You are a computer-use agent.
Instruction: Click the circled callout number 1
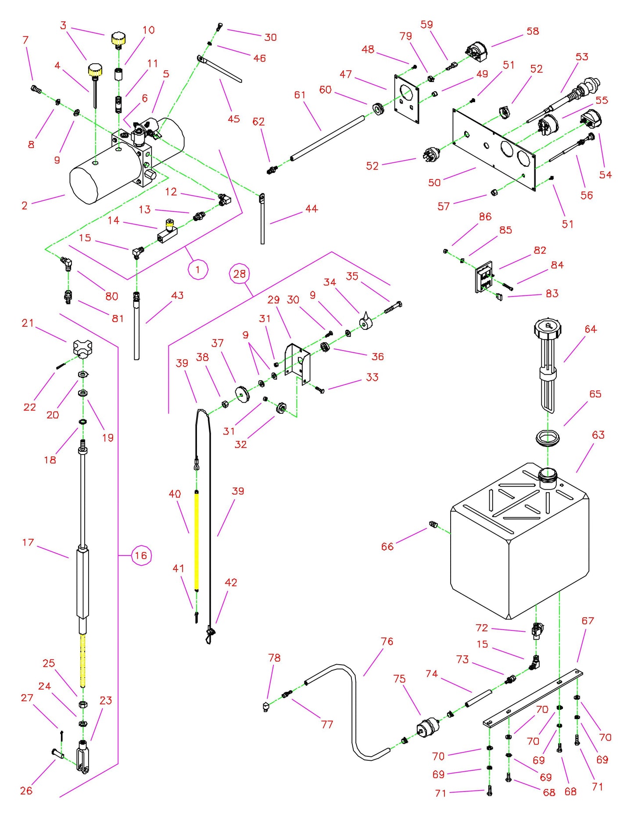[x=198, y=269]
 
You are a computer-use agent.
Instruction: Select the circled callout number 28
[x=240, y=274]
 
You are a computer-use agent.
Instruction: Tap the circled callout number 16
[x=141, y=555]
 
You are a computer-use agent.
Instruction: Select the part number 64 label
[x=591, y=329]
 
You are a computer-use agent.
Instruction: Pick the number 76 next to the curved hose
[x=387, y=641]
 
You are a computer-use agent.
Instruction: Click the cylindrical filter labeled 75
[x=428, y=729]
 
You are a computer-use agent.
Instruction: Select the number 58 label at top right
[x=533, y=31]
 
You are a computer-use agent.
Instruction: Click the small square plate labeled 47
[x=407, y=99]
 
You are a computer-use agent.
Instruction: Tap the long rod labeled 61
[x=327, y=138]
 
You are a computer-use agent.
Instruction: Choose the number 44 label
[x=312, y=209]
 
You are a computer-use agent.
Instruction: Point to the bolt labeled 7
[x=36, y=90]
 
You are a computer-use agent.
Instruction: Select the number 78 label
[x=274, y=658]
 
